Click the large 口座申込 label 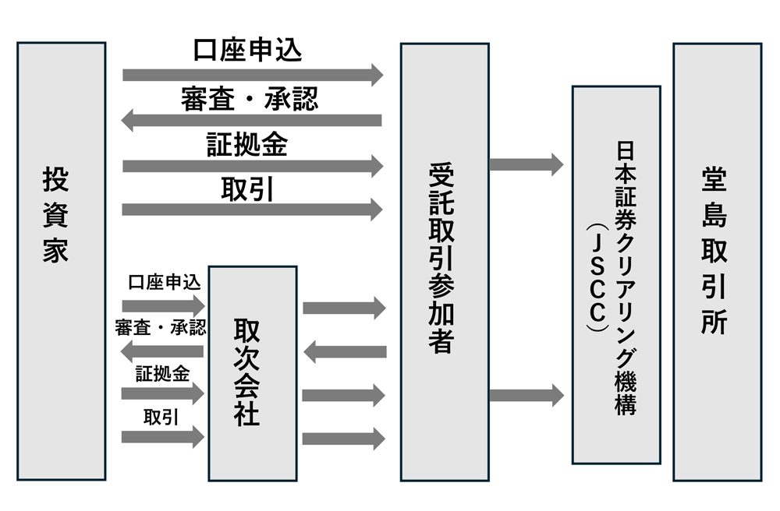[247, 49]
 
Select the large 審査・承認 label [249, 99]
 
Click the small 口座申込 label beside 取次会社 [164, 282]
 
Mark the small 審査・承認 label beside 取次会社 [160, 327]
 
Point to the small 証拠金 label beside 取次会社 [162, 373]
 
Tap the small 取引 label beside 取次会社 [161, 417]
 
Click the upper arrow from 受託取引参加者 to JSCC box [526, 164]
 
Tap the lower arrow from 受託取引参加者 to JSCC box [526, 395]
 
